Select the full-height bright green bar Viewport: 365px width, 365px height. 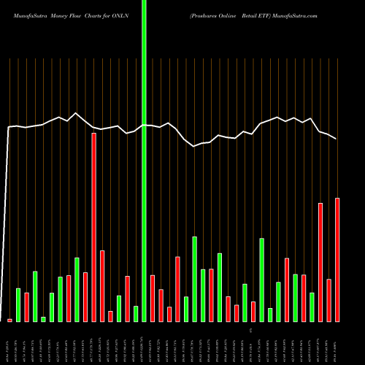tap(144, 161)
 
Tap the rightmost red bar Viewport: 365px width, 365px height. tap(337, 259)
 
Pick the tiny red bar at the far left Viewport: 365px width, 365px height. tap(10, 320)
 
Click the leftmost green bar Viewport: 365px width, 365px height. tap(18, 304)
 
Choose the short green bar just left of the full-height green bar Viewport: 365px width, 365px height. tap(136, 313)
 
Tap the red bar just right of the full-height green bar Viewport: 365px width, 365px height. tap(153, 298)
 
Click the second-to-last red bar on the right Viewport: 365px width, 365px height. tap(328, 300)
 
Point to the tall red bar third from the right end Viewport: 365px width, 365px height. tap(320, 262)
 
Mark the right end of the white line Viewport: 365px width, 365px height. tap(337, 139)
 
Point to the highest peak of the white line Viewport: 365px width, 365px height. tap(75, 113)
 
